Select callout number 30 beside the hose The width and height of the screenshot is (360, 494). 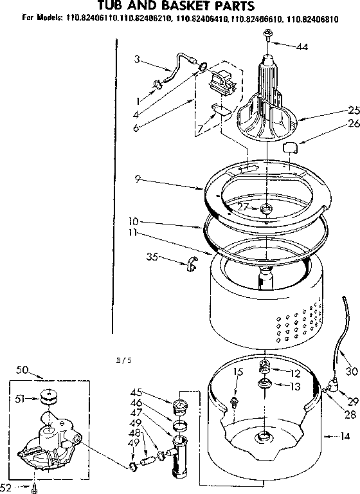click(x=351, y=370)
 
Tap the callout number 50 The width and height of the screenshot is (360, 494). click(x=22, y=370)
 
